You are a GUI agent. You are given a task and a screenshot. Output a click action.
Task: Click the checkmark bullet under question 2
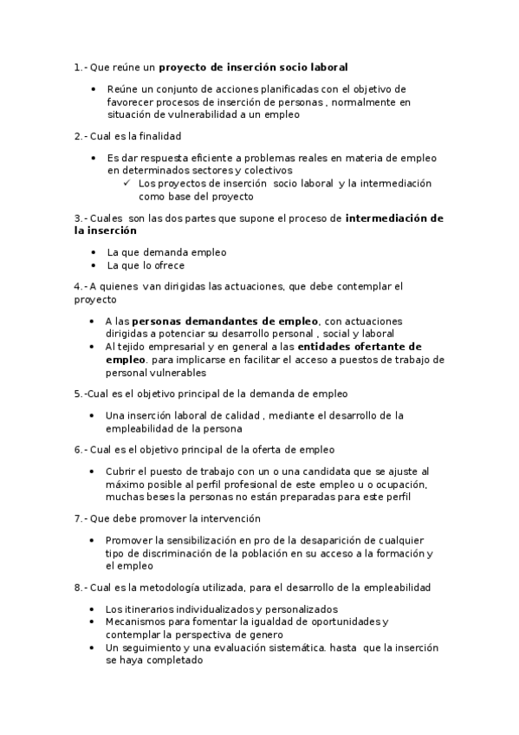pos(127,183)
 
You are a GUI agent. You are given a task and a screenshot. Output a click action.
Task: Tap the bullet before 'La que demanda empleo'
pos(94,252)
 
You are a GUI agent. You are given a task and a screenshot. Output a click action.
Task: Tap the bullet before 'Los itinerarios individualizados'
pos(94,609)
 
